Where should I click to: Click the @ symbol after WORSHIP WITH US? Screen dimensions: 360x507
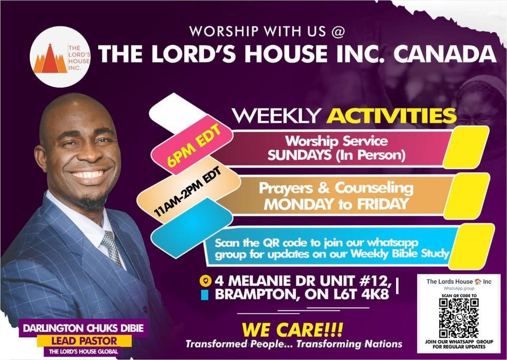(338, 31)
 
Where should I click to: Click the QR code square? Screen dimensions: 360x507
(458, 318)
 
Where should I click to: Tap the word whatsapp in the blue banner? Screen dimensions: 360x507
(390, 244)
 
